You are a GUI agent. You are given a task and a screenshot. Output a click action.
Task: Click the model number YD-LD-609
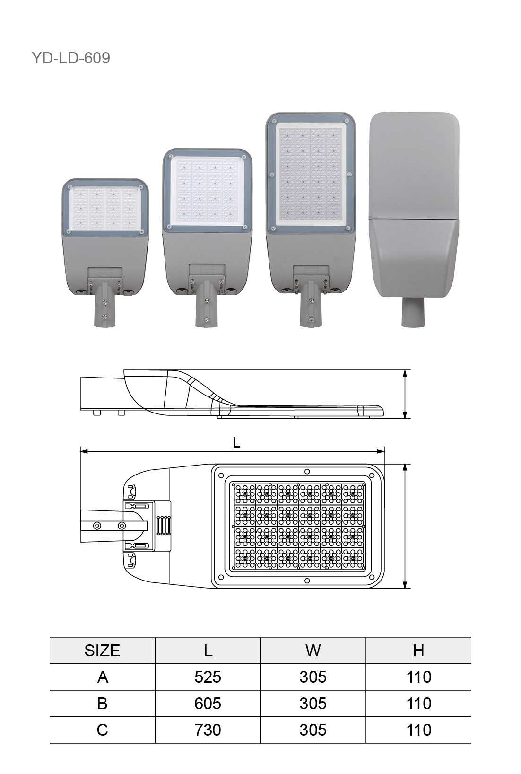coord(71,58)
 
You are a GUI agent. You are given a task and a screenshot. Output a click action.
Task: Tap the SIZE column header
coord(102,651)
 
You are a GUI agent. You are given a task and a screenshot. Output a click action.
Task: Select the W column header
coord(313,651)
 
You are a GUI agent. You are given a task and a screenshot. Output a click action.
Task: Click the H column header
coord(418,651)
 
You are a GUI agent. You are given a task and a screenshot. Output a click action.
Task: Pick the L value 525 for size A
coord(208,677)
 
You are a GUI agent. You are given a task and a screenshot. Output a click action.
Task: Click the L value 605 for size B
coord(208,704)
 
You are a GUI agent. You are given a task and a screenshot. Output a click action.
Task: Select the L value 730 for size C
coord(208,730)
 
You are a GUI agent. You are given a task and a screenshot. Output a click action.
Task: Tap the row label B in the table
coord(102,704)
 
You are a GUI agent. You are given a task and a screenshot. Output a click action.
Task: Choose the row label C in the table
coord(102,730)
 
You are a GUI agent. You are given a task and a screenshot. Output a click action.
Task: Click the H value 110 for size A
coord(419,677)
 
